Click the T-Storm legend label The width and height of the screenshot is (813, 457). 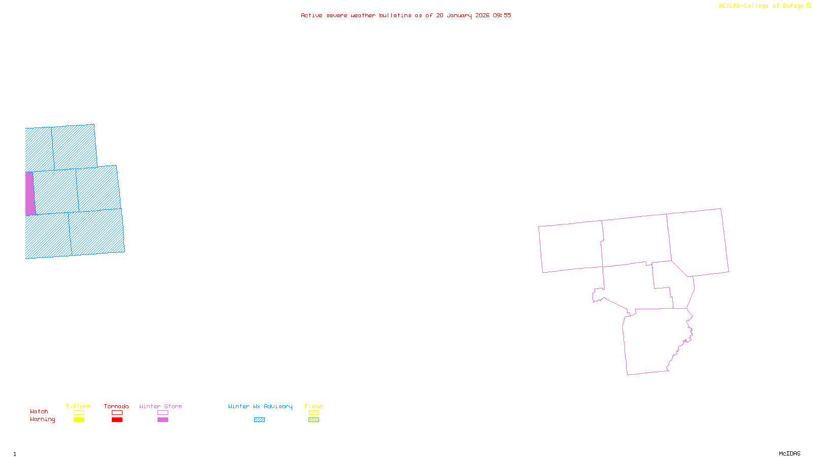point(78,406)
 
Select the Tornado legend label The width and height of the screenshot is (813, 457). point(116,406)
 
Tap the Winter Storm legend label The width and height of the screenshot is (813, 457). point(161,406)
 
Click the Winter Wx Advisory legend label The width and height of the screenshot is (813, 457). point(260,406)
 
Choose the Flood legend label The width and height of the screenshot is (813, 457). point(314,406)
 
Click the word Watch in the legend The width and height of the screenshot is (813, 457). point(39,411)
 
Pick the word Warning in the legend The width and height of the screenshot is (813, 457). point(43,419)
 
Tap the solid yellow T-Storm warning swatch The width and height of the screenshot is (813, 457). point(79,420)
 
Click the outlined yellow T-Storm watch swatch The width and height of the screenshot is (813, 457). point(79,413)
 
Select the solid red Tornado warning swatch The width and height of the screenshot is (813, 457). point(117,420)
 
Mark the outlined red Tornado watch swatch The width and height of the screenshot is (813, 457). point(117,413)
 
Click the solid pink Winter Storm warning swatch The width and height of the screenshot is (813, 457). point(163,420)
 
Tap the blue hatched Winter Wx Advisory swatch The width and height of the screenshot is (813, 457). point(259,420)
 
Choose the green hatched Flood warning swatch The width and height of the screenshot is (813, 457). point(314,420)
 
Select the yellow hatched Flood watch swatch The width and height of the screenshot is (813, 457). point(314,413)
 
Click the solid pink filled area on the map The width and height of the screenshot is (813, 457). point(30,193)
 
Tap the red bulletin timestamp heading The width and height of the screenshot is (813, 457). point(406,15)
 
